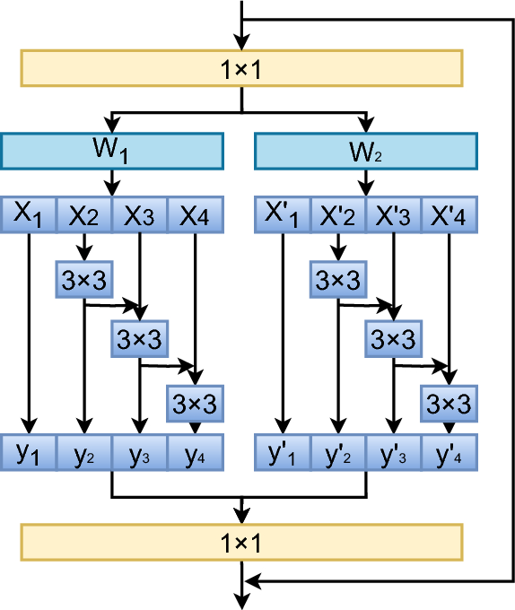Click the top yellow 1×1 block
point(240,68)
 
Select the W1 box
point(112,151)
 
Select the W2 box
point(366,151)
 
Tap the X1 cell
point(30,214)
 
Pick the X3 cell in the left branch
point(139,214)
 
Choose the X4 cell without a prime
point(195,214)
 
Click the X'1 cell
point(283,214)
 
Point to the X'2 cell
point(337,214)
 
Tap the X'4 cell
point(449,214)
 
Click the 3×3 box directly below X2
point(83,280)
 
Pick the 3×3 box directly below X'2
point(337,280)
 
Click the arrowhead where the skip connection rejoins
point(253,581)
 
